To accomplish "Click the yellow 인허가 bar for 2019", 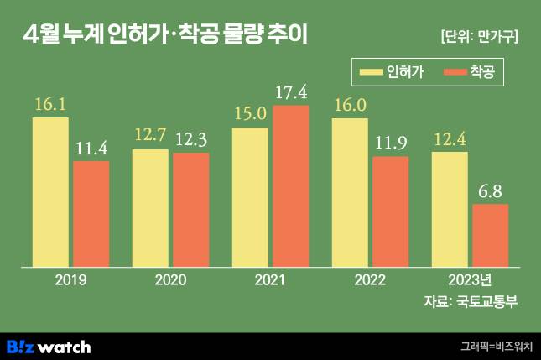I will (50, 193).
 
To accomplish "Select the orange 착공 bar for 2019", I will (91, 215).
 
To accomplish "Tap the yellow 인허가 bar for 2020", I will (151, 209).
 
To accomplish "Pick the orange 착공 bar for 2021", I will (290, 187).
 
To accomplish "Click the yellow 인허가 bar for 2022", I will (350, 194).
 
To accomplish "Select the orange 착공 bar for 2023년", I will (491, 237).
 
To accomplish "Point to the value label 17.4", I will (290, 90).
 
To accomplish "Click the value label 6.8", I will (491, 190).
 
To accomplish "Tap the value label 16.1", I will (50, 106).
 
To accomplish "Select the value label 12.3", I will (192, 139).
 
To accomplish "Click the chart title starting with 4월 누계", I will (168, 34).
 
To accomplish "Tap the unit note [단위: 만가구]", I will (479, 36).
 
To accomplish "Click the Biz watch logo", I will (49, 347).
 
